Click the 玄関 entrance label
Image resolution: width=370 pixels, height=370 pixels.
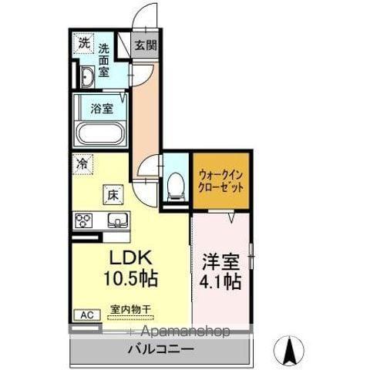tap(145, 45)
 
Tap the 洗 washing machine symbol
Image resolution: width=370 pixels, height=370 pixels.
tap(83, 44)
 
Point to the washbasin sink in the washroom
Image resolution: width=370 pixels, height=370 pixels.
tap(85, 76)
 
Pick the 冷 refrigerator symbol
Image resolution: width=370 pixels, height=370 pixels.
tap(82, 163)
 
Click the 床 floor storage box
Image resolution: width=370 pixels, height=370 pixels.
tap(111, 194)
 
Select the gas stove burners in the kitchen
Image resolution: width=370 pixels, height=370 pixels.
tap(83, 220)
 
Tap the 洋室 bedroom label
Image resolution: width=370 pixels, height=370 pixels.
tap(221, 261)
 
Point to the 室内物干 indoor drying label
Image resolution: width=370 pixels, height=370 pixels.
tap(130, 311)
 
